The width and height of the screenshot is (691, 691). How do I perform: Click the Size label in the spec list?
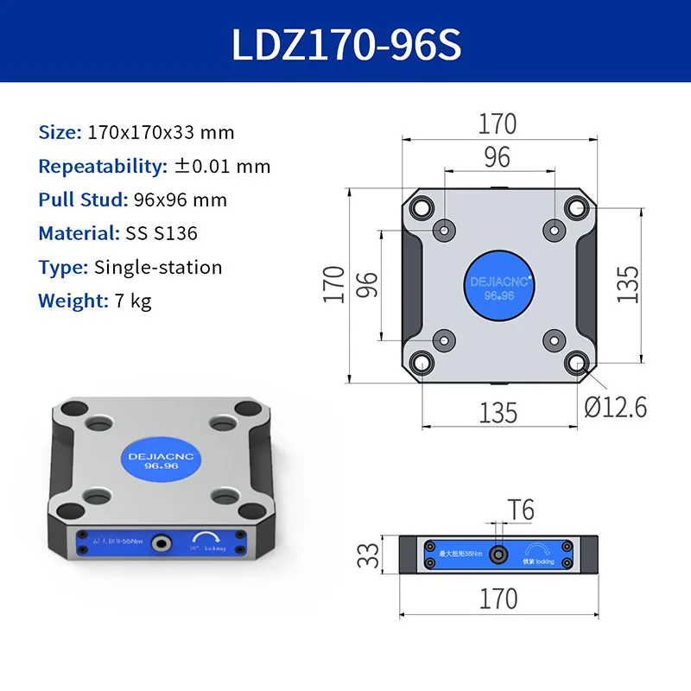(58, 133)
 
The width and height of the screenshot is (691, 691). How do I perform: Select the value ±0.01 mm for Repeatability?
(222, 167)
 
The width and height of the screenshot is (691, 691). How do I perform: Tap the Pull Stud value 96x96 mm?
(181, 200)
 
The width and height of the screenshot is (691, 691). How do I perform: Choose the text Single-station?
(158, 267)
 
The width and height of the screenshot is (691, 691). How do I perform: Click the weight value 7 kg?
(132, 301)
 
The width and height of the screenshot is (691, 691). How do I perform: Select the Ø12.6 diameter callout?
(615, 405)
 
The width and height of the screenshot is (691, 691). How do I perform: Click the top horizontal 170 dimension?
(498, 124)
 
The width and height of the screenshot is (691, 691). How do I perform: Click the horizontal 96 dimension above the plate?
(498, 157)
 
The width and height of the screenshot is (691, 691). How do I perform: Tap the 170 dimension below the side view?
(498, 598)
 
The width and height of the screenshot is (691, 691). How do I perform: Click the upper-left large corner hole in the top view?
(422, 207)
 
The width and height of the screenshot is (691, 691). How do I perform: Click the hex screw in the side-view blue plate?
(498, 553)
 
